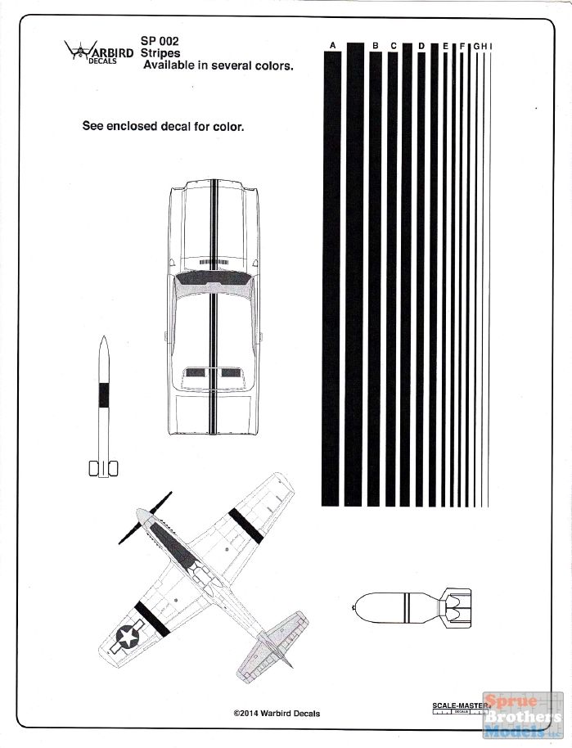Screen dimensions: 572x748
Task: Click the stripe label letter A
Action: (x=332, y=45)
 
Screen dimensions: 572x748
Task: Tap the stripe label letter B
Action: (x=376, y=46)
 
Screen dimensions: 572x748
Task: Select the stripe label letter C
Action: (x=394, y=46)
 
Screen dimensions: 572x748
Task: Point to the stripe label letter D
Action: (x=421, y=46)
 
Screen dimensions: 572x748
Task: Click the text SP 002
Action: (x=160, y=41)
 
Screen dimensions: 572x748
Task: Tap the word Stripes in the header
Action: (x=160, y=53)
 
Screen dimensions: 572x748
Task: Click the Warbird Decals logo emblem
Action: (x=81, y=50)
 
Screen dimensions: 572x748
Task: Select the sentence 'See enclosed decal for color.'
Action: (x=163, y=126)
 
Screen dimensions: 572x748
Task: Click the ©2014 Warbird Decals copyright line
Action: (x=277, y=714)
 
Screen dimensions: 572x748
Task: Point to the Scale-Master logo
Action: (x=461, y=709)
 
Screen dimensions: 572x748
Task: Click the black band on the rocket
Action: (x=104, y=394)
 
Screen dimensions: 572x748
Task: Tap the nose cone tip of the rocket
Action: (x=104, y=336)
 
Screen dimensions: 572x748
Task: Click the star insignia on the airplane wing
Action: (x=128, y=638)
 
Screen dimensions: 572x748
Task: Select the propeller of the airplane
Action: (x=145, y=518)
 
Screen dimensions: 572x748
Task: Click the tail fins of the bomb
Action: (x=455, y=608)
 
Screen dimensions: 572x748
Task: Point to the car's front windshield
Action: (x=214, y=278)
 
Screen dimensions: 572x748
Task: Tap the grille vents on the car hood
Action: (x=213, y=263)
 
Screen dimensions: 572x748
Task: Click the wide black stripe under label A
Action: (x=331, y=278)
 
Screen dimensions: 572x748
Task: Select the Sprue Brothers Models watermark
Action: (x=523, y=716)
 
